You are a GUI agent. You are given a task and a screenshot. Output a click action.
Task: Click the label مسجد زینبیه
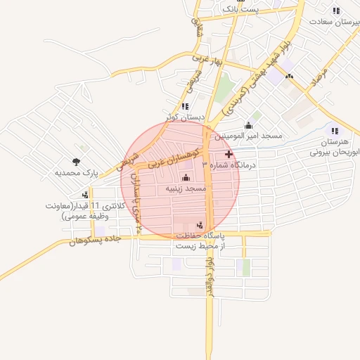click(186, 189)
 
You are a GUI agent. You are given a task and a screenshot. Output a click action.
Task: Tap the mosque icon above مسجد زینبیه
click(186, 177)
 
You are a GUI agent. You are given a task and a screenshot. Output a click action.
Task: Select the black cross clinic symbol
click(228, 154)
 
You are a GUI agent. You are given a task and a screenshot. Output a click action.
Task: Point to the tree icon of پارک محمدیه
click(76, 162)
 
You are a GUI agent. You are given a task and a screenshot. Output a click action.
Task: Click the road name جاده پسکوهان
click(95, 240)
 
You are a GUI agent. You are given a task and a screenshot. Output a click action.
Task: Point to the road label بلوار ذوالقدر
click(209, 276)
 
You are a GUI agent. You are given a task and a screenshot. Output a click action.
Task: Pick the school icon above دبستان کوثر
click(184, 106)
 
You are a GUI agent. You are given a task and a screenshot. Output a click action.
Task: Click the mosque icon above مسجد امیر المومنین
click(248, 124)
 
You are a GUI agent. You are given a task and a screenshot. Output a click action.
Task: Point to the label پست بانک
click(241, 10)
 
